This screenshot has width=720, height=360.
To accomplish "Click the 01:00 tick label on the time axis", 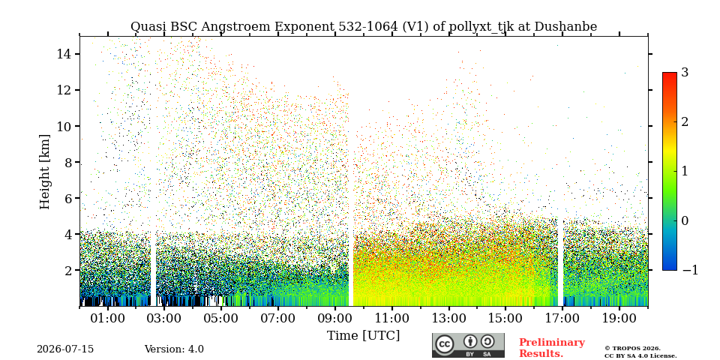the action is pos(108,319).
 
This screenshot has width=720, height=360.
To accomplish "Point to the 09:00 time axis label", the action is pos(335,319).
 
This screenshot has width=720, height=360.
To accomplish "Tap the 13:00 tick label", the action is pos(448,319).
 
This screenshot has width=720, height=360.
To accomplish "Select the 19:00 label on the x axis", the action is pos(619,319).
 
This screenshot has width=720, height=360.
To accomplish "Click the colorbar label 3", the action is pos(685,72).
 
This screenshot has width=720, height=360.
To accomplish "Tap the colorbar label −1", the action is pos(690,270).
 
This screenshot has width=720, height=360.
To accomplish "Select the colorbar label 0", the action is pos(685,220).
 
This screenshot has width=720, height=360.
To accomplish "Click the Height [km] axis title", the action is pos(44,172).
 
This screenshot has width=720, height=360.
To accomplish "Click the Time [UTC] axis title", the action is pos(363,336).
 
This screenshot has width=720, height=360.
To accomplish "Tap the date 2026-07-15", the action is pos(65,349).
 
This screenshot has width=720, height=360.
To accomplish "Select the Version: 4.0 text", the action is pos(174,349).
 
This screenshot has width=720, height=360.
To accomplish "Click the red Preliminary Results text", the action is pos(552,348).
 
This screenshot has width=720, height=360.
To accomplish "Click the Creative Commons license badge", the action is pos(468,345).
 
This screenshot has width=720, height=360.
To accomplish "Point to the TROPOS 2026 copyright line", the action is pos(632,349).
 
